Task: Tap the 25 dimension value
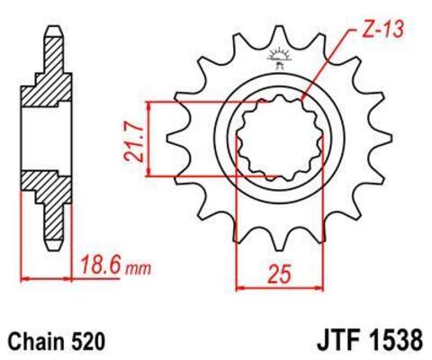(x=281, y=270)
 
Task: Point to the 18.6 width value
(x=100, y=266)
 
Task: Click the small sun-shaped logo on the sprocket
(x=276, y=58)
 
